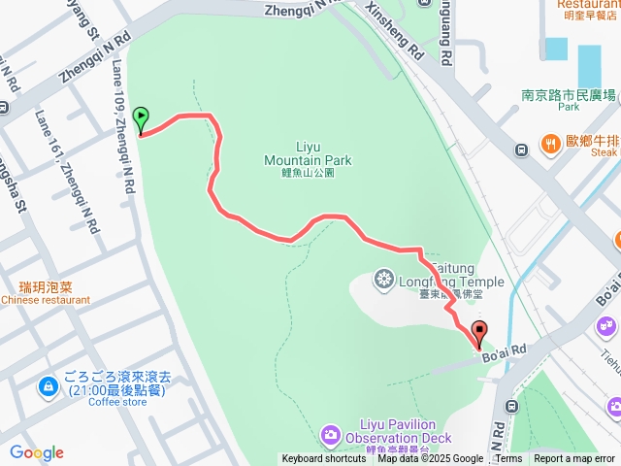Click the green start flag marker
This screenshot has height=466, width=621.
click(141, 120)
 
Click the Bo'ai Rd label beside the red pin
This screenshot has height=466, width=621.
click(505, 349)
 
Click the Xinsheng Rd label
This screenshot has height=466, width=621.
click(394, 29)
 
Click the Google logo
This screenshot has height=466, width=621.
click(36, 452)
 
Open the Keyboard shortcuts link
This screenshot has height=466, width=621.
click(324, 459)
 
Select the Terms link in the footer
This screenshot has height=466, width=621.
click(508, 459)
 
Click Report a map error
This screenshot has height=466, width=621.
click(574, 459)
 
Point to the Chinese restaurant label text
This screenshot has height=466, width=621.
click(46, 300)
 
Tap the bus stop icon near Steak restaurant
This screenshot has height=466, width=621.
click(522, 149)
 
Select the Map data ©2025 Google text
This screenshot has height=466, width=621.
click(431, 459)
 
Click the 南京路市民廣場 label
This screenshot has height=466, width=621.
click(569, 95)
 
